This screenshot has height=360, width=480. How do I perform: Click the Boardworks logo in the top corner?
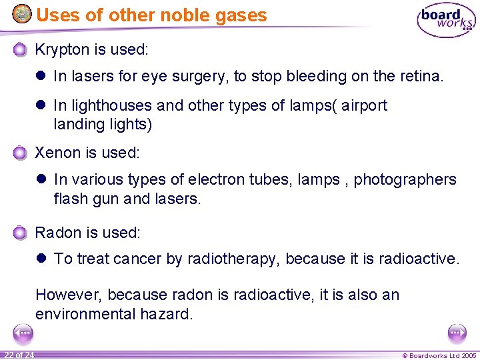pyautogui.click(x=446, y=21)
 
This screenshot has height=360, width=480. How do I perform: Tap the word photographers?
pyautogui.click(x=405, y=180)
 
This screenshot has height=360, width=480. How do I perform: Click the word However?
pyautogui.click(x=69, y=295)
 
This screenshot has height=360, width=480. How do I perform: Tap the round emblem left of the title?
pyautogui.click(x=22, y=13)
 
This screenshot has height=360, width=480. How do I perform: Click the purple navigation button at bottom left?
pyautogui.click(x=23, y=333)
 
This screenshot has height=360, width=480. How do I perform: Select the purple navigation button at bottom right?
pyautogui.click(x=457, y=333)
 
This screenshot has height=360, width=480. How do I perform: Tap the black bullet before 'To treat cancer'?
pyautogui.click(x=41, y=259)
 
